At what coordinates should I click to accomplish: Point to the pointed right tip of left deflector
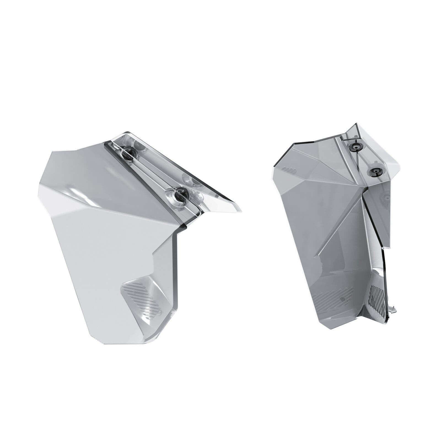tap(241, 211)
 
